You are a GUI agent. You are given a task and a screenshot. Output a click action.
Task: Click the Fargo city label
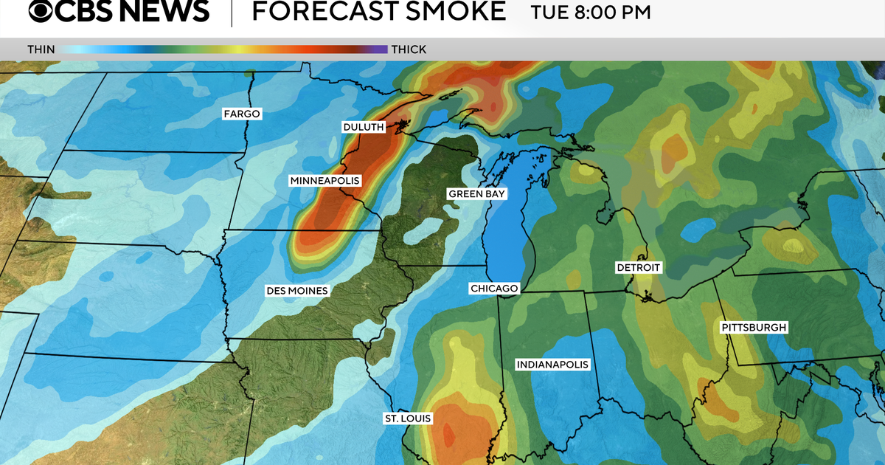[243, 114]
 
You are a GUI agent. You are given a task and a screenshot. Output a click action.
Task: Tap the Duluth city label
[364, 128]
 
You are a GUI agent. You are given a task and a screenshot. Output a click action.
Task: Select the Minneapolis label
[324, 181]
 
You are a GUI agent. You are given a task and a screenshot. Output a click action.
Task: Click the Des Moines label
[296, 291]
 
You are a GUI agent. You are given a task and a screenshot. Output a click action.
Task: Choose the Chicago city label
[495, 289]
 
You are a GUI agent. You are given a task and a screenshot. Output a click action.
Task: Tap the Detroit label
[639, 268]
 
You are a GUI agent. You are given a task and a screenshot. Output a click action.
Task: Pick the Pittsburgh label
[754, 327]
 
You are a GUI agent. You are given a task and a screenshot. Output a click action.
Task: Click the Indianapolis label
[552, 365]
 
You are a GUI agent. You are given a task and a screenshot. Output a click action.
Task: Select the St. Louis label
[407, 418]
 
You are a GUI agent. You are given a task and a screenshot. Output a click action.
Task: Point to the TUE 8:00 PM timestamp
[591, 13]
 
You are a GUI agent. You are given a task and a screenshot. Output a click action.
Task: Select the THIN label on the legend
[41, 49]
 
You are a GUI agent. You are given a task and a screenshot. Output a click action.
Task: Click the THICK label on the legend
[408, 49]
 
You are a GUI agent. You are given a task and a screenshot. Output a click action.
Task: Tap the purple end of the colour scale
[380, 49]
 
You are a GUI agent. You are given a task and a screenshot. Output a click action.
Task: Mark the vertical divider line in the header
[232, 13]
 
